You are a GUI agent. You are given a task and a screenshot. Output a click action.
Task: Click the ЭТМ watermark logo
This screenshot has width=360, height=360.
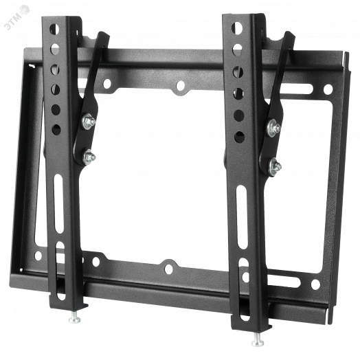[x=16, y=18]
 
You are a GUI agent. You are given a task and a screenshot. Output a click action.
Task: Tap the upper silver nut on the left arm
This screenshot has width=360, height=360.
[x=89, y=122]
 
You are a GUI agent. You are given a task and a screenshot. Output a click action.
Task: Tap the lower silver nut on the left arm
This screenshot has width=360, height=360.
[x=89, y=157]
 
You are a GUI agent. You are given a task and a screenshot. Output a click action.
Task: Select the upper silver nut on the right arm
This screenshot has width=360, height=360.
[x=273, y=128]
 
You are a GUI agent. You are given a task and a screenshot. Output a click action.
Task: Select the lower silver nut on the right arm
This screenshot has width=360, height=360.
[x=275, y=166]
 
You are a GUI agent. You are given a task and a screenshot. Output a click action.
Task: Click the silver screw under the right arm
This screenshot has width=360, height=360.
[x=258, y=341]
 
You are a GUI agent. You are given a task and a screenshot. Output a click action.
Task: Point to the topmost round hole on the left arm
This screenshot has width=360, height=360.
[x=54, y=29]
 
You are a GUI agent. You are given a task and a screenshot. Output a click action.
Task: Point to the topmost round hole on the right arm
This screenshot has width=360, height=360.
[x=237, y=27]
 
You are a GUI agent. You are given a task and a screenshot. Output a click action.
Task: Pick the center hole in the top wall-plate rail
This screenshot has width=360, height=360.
[x=181, y=85]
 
